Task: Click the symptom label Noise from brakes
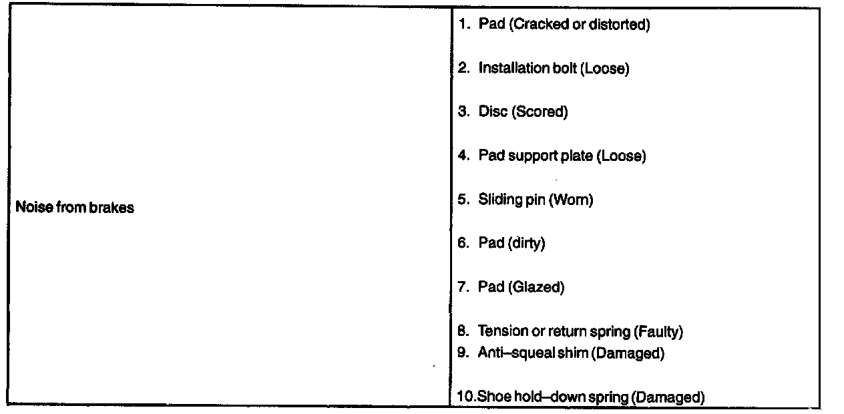[x=74, y=208]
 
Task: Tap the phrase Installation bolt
[x=528, y=68]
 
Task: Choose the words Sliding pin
[x=511, y=199]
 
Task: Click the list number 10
[x=465, y=397]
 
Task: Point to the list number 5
[x=463, y=199]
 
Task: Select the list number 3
[x=463, y=112]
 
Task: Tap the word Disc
[x=493, y=112]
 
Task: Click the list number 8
[x=463, y=331]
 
